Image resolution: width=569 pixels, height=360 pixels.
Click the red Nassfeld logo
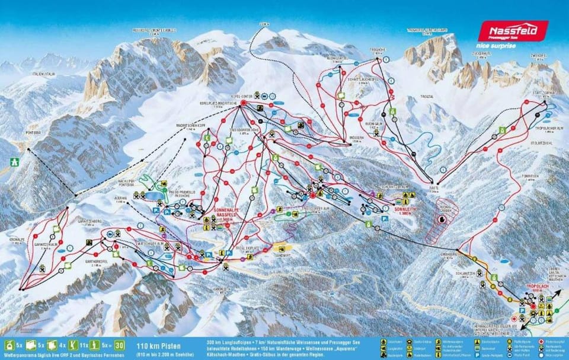(x=513, y=30)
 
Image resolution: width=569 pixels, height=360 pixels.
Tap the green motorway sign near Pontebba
(x=14, y=161)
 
